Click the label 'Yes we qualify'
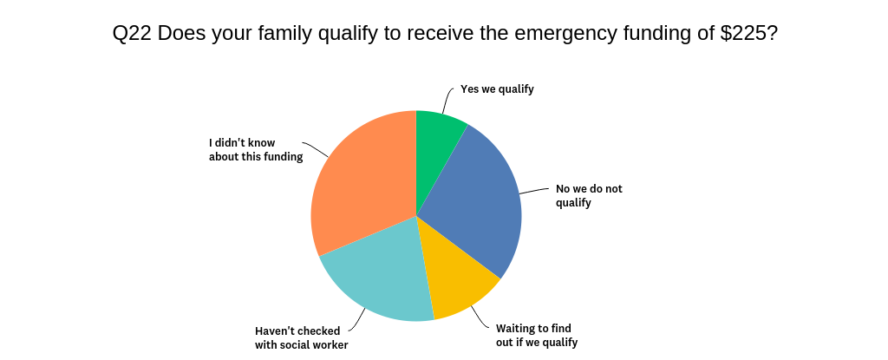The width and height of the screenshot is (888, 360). [x=497, y=88]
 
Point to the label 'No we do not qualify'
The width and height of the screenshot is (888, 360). [x=589, y=195]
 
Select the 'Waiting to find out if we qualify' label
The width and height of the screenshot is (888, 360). [x=536, y=335]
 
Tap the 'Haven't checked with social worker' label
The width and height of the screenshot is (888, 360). [x=301, y=337]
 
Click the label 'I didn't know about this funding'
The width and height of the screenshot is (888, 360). [x=255, y=149]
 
